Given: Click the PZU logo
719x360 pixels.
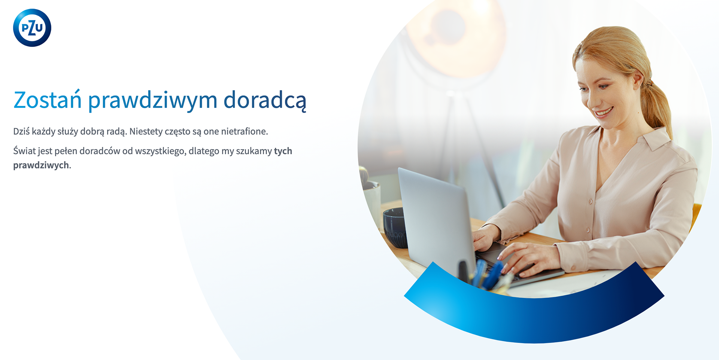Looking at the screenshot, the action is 32,28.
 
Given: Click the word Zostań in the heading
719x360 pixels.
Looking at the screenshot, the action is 48,100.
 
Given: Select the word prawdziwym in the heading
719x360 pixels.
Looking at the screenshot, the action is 153,101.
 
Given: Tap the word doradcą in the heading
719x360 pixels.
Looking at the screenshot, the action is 265,101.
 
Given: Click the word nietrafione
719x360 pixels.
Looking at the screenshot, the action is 245,131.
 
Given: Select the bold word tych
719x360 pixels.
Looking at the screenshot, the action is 283,151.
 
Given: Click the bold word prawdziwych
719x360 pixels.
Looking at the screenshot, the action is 41,165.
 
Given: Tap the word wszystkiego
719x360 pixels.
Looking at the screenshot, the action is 161,151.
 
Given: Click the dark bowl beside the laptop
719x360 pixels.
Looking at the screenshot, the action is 395,227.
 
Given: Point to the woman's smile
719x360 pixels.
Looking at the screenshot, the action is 604,112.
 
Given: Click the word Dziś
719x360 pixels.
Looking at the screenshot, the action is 21,131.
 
